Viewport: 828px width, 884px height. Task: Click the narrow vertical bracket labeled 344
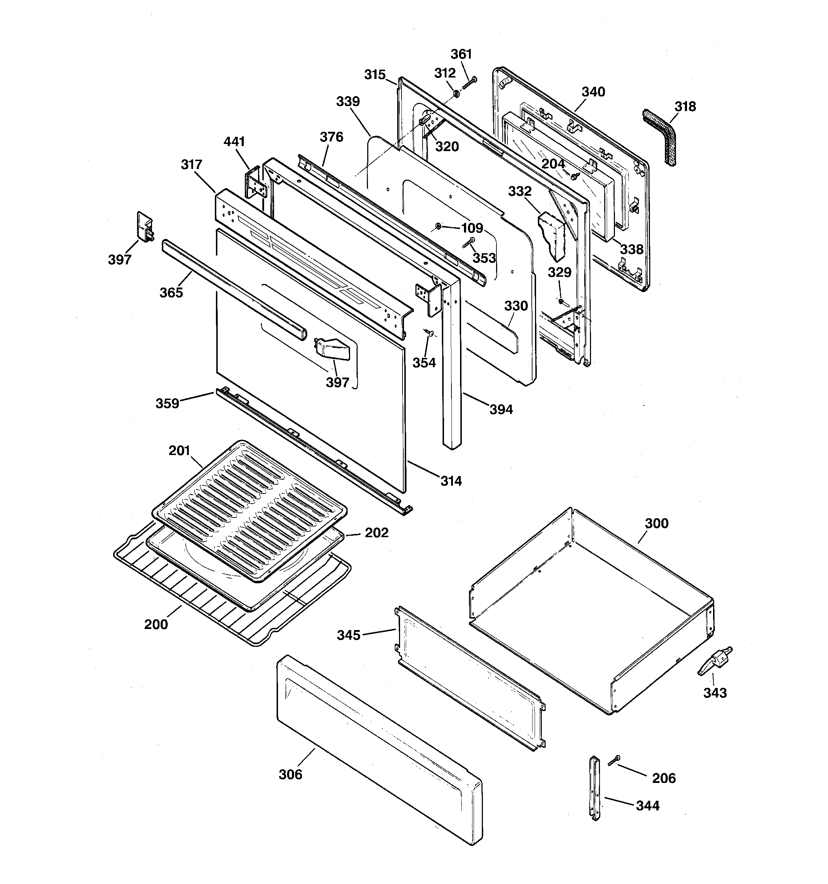pos(594,786)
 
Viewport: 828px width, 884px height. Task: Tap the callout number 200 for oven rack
pos(156,624)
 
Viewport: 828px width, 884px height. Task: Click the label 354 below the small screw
pos(424,363)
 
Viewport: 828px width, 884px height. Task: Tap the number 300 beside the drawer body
pos(656,523)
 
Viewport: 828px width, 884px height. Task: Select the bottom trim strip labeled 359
pos(311,449)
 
